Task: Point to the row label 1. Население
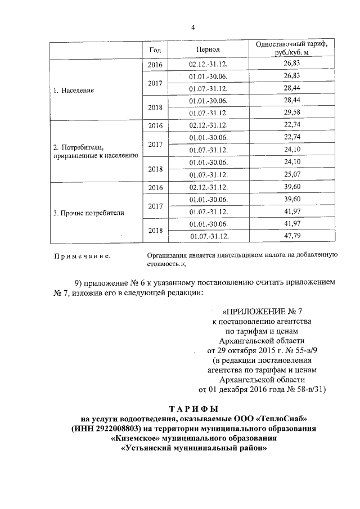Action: coord(73,90)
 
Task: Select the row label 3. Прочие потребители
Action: coord(88,213)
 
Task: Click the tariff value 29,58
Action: coord(291,112)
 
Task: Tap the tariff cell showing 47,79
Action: coord(291,236)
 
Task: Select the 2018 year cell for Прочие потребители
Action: coord(155,230)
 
